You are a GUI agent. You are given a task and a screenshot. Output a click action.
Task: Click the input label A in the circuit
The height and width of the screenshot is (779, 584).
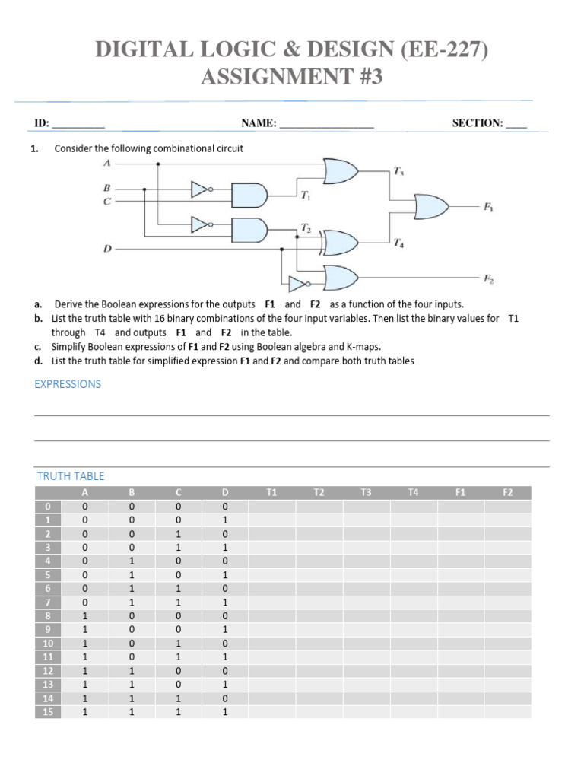pyautogui.click(x=107, y=163)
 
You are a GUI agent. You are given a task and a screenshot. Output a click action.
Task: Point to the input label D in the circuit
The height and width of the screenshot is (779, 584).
pyautogui.click(x=107, y=248)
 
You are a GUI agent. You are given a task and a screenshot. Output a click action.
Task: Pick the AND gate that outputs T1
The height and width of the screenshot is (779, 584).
pyautogui.click(x=249, y=195)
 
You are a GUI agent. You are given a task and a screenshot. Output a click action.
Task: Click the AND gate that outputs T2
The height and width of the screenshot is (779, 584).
pyautogui.click(x=249, y=228)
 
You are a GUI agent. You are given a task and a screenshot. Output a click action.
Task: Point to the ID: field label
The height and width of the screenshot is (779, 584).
pyautogui.click(x=42, y=122)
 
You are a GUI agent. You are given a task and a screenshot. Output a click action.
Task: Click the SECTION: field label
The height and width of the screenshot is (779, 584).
pyautogui.click(x=477, y=122)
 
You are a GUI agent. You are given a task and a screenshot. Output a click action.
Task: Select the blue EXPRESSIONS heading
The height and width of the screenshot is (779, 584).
pyautogui.click(x=68, y=384)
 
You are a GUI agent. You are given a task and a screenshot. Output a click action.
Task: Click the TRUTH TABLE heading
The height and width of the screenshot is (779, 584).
pyautogui.click(x=71, y=476)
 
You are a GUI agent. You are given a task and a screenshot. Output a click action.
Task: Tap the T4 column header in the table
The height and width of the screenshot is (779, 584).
pyautogui.click(x=413, y=493)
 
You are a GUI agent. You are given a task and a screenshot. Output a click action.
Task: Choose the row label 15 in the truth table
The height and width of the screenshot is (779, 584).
pyautogui.click(x=47, y=711)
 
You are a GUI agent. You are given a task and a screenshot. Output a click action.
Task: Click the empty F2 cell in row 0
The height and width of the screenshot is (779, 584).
pyautogui.click(x=507, y=507)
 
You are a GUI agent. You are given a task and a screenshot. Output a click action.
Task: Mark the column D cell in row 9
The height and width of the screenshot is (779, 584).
pyautogui.click(x=224, y=629)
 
